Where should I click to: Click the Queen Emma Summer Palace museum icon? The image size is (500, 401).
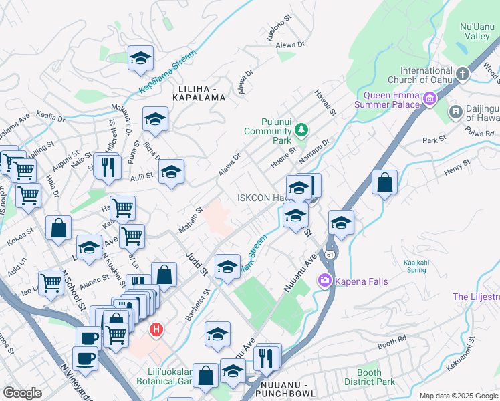(429, 100)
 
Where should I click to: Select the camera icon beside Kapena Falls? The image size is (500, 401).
(326, 280)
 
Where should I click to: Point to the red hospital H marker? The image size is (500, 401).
(156, 329)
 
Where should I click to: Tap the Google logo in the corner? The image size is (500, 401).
(22, 392)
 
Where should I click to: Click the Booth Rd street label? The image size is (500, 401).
(392, 342)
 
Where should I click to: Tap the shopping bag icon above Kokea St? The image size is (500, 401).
(59, 228)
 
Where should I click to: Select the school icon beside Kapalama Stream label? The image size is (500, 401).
(140, 58)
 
